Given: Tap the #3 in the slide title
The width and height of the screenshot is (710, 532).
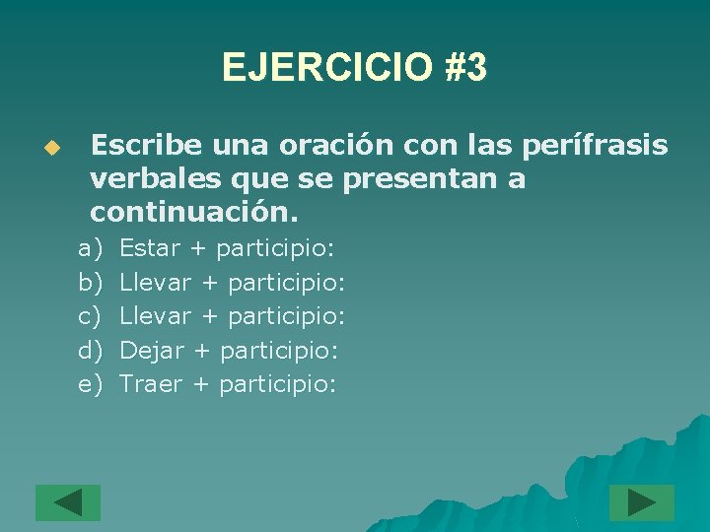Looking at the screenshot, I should tap(465, 68).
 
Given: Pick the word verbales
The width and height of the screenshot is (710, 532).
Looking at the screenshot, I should tap(142, 179).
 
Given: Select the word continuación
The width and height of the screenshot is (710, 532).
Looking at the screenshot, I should tap(193, 213).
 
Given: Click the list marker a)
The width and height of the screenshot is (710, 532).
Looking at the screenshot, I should tap(90, 249).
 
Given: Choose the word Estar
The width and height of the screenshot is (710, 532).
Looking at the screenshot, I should tap(149, 249).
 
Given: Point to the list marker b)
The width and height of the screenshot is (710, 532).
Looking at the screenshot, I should tap(90, 283).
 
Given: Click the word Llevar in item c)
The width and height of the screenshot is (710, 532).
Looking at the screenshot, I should tap(155, 316).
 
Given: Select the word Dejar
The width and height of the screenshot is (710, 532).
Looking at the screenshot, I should tap(151, 350).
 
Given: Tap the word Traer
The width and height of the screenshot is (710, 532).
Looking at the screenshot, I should tap(151, 383).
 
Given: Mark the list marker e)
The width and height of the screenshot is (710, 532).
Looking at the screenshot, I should tap(90, 383).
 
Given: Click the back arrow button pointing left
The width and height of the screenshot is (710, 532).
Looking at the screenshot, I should tap(68, 502).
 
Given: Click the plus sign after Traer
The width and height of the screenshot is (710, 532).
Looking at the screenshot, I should tap(200, 384).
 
